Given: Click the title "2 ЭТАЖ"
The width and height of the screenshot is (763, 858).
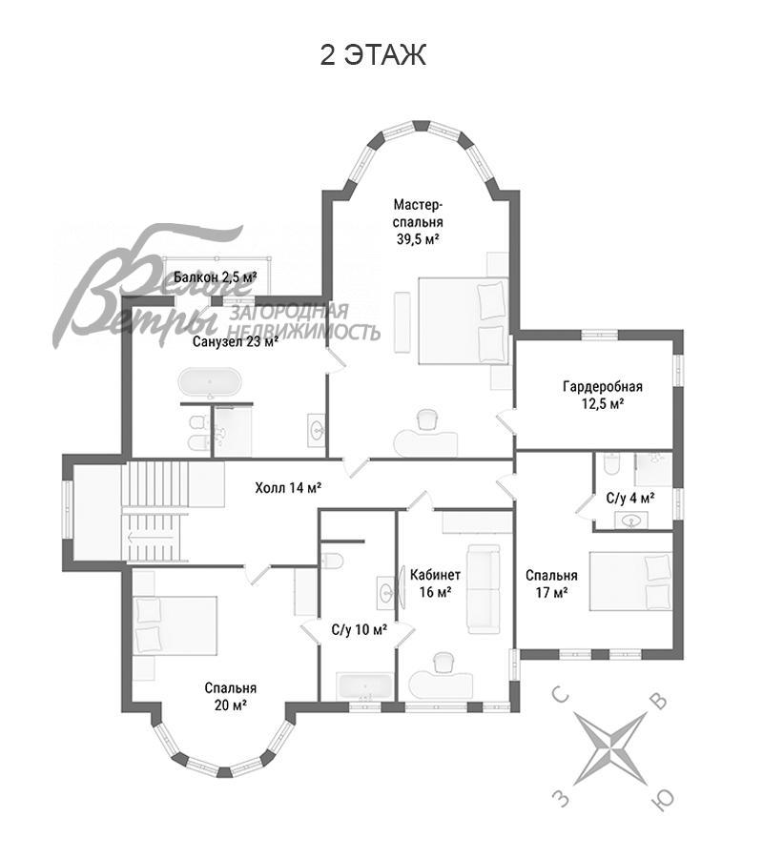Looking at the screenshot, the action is [x=373, y=55].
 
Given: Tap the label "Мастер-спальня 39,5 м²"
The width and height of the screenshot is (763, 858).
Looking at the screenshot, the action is [x=418, y=221].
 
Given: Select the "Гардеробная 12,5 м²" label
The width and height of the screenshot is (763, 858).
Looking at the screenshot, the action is [x=602, y=395].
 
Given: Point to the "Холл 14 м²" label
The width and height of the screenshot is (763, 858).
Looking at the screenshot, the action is [x=288, y=487].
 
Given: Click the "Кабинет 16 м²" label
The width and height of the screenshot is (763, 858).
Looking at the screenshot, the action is [x=435, y=583].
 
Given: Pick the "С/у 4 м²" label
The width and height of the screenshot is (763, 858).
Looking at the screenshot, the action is [x=630, y=498].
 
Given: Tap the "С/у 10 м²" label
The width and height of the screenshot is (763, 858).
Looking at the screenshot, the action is [x=360, y=629].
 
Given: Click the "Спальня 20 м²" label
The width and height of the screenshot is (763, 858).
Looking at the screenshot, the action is [x=231, y=696].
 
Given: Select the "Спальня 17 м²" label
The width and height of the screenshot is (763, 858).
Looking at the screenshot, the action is [x=551, y=583].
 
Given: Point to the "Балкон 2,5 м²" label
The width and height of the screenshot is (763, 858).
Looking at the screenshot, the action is [x=216, y=276].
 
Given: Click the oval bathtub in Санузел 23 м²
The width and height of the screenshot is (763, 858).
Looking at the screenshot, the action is [x=210, y=382].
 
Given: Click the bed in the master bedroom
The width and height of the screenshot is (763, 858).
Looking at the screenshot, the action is [x=464, y=321].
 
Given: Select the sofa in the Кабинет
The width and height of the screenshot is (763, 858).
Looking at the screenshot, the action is [x=484, y=589].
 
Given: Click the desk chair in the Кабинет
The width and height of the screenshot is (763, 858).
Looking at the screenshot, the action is [x=443, y=664].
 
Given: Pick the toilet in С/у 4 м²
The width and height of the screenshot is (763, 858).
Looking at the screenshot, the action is [x=612, y=463].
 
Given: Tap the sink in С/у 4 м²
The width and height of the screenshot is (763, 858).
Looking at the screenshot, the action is [x=631, y=521].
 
